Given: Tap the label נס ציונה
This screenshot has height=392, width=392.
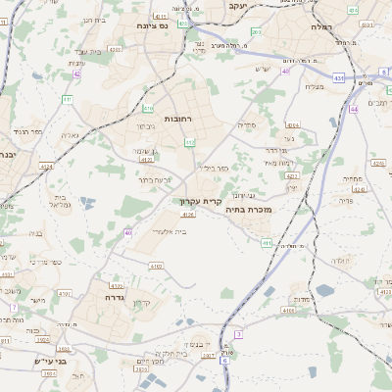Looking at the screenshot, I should pos(153,25).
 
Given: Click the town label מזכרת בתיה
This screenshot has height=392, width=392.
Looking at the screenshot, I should pos(247,209).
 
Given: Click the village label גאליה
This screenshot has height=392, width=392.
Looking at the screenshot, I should pos(70,135).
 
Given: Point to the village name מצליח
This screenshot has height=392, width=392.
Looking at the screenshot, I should pos(314,86).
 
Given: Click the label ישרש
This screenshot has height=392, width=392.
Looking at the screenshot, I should pos(261,68).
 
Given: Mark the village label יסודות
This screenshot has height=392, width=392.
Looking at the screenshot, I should pos(301,299).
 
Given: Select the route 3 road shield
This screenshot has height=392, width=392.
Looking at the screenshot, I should pos(238,334).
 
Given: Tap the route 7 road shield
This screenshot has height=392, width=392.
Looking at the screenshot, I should pos(14,307).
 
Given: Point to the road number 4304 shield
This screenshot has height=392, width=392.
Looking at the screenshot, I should pos(293,125).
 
